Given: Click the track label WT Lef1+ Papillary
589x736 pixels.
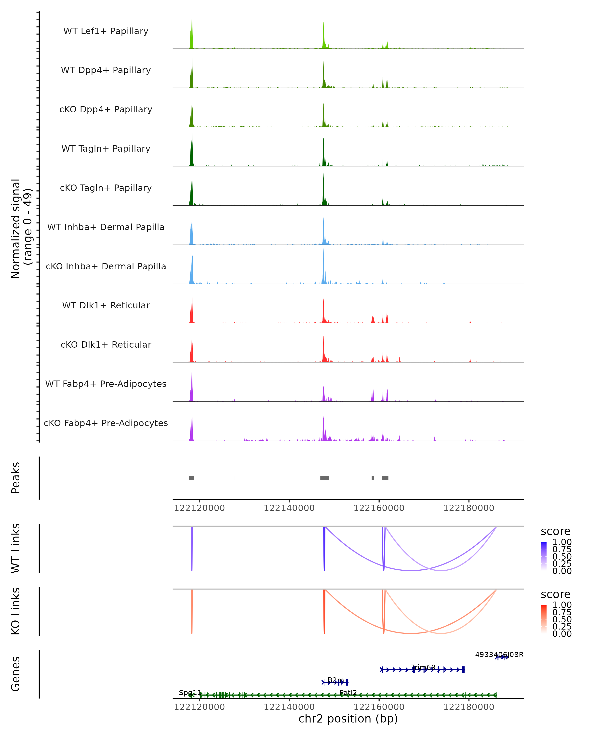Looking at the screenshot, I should click(x=106, y=31).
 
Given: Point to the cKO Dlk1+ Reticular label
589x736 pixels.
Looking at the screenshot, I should click(x=106, y=344).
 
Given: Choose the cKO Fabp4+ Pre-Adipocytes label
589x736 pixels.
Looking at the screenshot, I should click(x=106, y=423).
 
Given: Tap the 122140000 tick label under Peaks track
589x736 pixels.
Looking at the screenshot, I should click(x=289, y=508).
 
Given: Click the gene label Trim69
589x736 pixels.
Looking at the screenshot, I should click(x=423, y=667).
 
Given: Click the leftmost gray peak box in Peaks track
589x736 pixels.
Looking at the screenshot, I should click(x=192, y=478).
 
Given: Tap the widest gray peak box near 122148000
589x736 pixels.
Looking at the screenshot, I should click(x=325, y=478).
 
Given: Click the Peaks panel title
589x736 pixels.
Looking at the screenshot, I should click(x=16, y=478).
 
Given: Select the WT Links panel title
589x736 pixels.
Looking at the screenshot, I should click(x=16, y=548).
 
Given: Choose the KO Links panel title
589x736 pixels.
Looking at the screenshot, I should click(x=16, y=611).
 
